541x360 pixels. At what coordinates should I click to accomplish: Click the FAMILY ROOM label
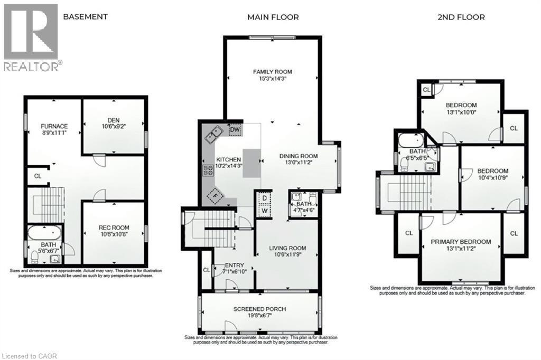click(272, 72)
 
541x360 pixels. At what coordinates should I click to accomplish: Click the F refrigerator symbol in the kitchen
click(214, 195)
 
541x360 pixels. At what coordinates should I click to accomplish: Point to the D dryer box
click(264, 198)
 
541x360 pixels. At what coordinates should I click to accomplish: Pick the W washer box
click(264, 210)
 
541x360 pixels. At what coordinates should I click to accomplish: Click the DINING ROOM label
click(299, 156)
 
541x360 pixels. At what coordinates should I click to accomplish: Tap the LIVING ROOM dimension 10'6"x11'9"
click(287, 254)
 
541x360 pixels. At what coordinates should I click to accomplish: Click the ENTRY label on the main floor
click(235, 265)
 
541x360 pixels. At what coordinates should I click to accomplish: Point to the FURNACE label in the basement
click(54, 126)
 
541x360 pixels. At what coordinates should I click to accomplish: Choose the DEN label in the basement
click(114, 119)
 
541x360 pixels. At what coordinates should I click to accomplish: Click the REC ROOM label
click(114, 228)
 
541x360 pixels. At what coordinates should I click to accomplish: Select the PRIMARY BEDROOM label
click(460, 242)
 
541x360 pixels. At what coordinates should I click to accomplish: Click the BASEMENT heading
click(85, 16)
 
